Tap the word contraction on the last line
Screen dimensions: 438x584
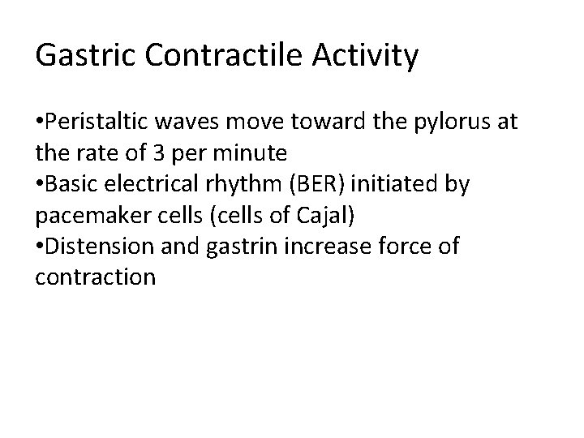(x=95, y=277)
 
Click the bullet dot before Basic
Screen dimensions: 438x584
(x=39, y=186)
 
